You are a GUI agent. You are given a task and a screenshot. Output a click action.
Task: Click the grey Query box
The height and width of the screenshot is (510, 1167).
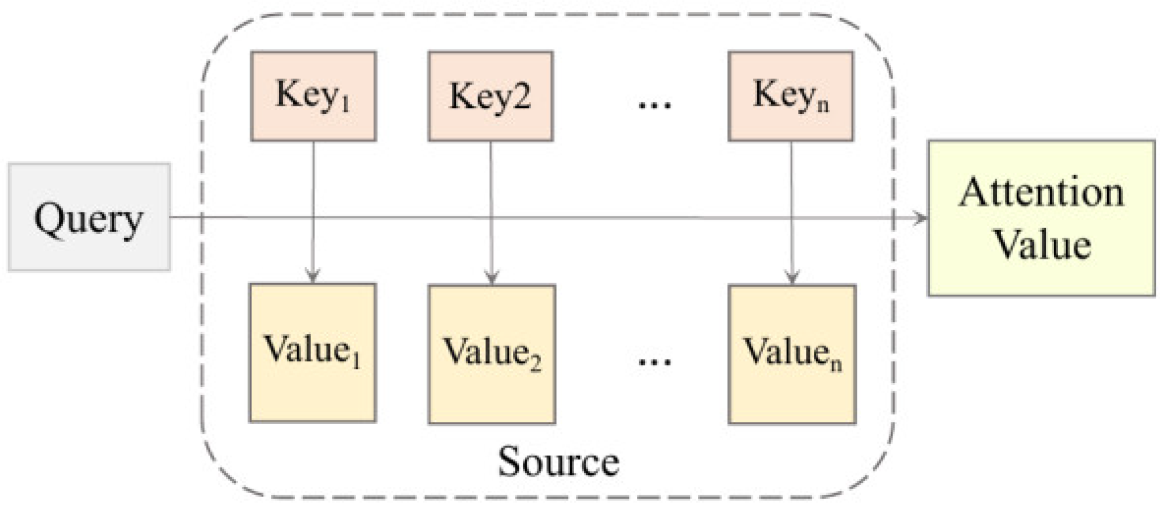pyautogui.click(x=89, y=217)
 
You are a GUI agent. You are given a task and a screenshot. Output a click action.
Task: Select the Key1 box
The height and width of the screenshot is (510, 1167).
pyautogui.click(x=313, y=96)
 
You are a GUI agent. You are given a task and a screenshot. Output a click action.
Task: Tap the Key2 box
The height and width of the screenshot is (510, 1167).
pyautogui.click(x=490, y=96)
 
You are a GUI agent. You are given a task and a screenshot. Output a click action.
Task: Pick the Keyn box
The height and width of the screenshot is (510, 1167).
pyautogui.click(x=791, y=96)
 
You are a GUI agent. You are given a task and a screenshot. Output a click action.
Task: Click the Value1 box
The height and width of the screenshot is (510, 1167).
pyautogui.click(x=313, y=352)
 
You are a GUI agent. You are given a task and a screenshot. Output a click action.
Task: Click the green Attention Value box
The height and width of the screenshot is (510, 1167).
pyautogui.click(x=1041, y=218)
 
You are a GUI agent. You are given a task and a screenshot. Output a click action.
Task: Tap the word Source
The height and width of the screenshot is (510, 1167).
pyautogui.click(x=558, y=462)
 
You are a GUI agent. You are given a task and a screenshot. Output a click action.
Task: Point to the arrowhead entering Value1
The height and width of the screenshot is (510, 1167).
pyautogui.click(x=313, y=277)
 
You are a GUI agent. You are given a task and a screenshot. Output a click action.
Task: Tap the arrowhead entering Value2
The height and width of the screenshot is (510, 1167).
pyautogui.click(x=492, y=278)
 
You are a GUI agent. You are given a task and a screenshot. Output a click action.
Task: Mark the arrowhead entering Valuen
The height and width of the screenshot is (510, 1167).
pyautogui.click(x=792, y=278)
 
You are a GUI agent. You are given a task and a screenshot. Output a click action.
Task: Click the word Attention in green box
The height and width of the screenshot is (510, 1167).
pyautogui.click(x=1041, y=193)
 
